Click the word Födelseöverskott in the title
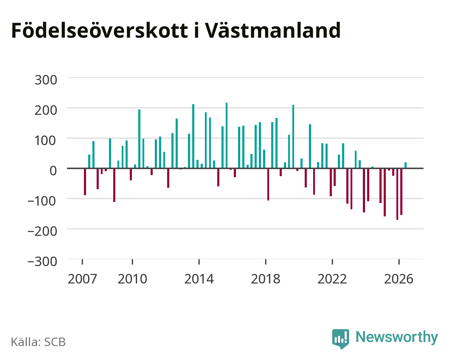pyautogui.click(x=100, y=30)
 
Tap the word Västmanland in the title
pyautogui.click(x=273, y=30)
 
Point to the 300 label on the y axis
pyautogui.click(x=46, y=80)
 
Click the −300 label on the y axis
pyautogui.click(x=42, y=262)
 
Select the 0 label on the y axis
pyautogui.click(x=53, y=170)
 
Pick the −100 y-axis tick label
pyautogui.click(x=42, y=201)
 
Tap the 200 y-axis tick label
pyautogui.click(x=46, y=110)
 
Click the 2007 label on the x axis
pyautogui.click(x=83, y=279)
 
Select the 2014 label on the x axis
pyautogui.click(x=199, y=279)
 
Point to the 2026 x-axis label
pyautogui.click(x=399, y=279)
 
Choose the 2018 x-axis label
pyautogui.click(x=266, y=279)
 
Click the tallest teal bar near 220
pyautogui.click(x=227, y=136)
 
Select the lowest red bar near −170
pyautogui.click(x=397, y=194)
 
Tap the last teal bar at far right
pyautogui.click(x=406, y=165)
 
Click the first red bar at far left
pyautogui.click(x=85, y=182)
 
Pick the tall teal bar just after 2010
pyautogui.click(x=139, y=139)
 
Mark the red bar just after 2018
pyautogui.click(x=268, y=184)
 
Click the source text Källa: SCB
pyautogui.click(x=38, y=342)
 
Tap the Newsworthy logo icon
pyautogui.click(x=341, y=339)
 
